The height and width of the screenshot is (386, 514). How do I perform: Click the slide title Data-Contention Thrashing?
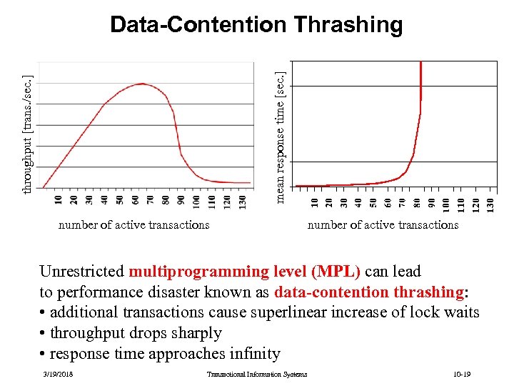tap(256, 25)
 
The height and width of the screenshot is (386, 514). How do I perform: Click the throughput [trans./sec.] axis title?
tap(26, 134)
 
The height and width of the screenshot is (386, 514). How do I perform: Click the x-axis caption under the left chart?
tap(134, 224)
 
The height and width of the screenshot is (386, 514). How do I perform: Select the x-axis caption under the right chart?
tap(383, 224)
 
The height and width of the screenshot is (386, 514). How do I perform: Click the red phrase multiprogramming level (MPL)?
tap(245, 272)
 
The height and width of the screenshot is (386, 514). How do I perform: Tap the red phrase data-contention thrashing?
tap(369, 292)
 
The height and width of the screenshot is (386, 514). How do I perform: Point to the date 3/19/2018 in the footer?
tap(57, 375)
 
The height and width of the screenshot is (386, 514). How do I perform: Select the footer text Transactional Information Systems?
tap(256, 375)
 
